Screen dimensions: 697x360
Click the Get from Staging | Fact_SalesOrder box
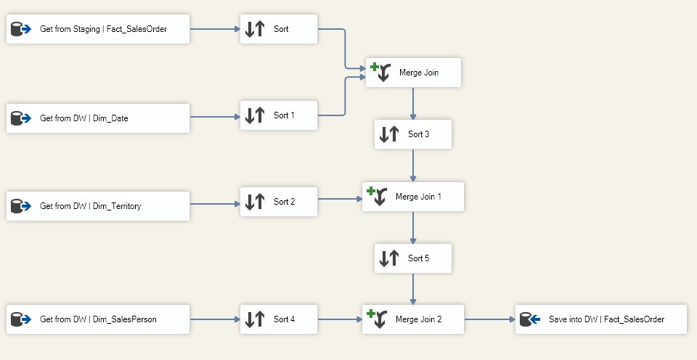pos(98,29)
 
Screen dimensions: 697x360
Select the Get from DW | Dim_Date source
pos(98,118)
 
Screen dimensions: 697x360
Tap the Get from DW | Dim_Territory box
pos(98,206)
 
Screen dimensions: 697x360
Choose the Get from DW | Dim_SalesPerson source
pos(98,319)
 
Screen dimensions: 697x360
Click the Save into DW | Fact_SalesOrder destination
pos(601,319)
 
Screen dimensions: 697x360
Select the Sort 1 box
pos(279,115)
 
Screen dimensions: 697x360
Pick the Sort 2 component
pos(279,202)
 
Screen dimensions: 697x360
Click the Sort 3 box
pos(413,134)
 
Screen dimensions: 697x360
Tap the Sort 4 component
pos(279,319)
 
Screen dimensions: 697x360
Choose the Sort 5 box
pos(413,258)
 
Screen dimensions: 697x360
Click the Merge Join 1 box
pos(413,197)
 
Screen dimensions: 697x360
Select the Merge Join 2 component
pos(413,319)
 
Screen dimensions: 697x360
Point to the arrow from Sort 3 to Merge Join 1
pos(413,165)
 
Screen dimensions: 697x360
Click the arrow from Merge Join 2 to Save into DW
pos(490,319)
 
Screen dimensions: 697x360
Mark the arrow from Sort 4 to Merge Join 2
pos(340,319)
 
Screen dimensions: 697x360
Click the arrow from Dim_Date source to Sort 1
pos(215,117)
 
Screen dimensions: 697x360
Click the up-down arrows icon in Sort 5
pos(389,258)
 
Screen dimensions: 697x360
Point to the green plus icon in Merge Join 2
pos(371,314)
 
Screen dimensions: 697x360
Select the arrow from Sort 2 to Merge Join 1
pos(340,199)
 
